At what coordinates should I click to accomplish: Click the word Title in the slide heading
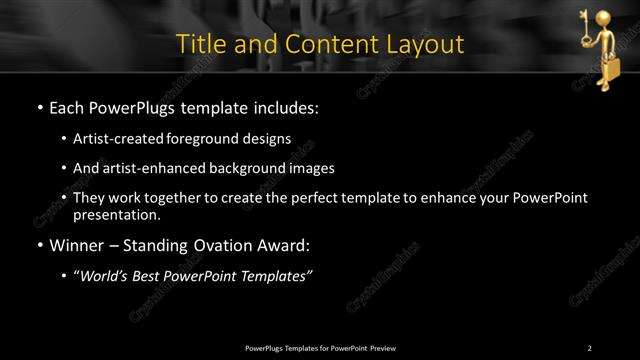(200, 45)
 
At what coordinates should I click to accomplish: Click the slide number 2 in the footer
(590, 347)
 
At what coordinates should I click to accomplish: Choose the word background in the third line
(254, 168)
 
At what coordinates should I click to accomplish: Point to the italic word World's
(106, 276)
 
